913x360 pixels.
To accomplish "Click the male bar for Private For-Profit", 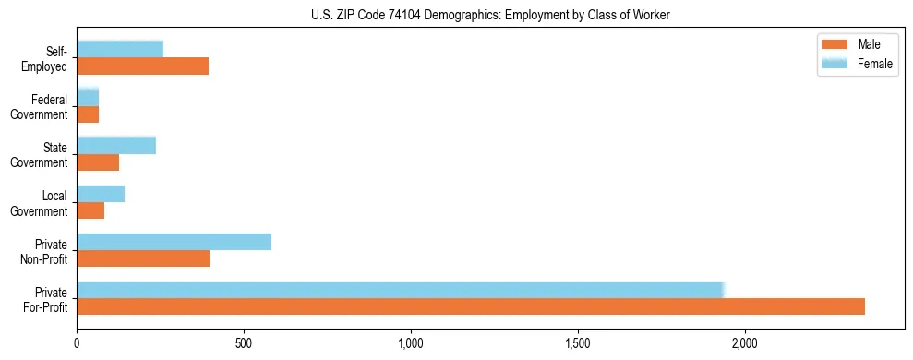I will pos(471,306).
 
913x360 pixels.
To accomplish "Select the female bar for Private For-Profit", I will pos(401,290).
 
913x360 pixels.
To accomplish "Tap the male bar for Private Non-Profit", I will pos(144,258).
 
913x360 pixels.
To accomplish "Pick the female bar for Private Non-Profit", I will pos(174,242).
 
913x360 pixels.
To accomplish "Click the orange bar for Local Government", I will pos(90,210).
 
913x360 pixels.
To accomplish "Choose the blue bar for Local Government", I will pos(101,194).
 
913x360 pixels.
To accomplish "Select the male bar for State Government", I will pos(98,162).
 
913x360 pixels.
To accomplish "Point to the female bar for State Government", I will pos(116,146).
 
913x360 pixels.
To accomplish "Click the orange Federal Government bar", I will pos(88,114).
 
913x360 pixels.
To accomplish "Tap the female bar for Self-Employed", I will pos(120,50).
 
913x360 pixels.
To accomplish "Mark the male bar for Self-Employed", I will pos(143,66).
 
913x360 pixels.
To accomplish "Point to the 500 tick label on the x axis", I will pos(244,344).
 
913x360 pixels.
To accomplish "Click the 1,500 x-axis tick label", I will pos(578,344).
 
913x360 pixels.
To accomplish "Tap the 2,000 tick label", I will pos(744,344).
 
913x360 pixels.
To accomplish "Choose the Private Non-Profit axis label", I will pos(45,251).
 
